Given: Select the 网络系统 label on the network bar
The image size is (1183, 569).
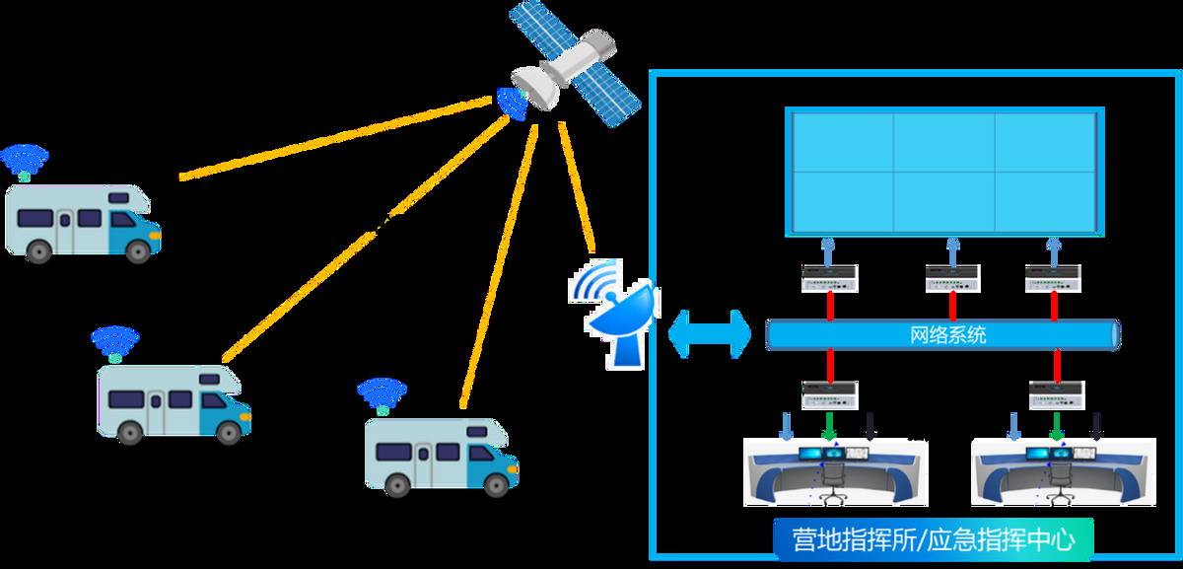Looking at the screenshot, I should click(x=946, y=335).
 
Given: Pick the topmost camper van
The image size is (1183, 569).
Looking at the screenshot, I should click(x=82, y=223).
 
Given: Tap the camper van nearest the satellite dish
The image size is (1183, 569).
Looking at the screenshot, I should click(x=442, y=455).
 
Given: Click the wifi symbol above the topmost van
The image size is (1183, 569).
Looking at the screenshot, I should click(x=24, y=160).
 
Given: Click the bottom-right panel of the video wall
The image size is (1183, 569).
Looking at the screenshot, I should click(x=1045, y=202).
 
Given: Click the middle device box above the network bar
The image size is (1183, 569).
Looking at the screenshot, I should click(x=953, y=279).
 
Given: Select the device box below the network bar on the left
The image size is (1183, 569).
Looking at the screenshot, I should click(x=829, y=394).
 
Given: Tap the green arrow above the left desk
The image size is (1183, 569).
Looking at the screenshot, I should click(x=829, y=427).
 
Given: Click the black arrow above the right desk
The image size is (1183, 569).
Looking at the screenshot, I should click(x=1096, y=427).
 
